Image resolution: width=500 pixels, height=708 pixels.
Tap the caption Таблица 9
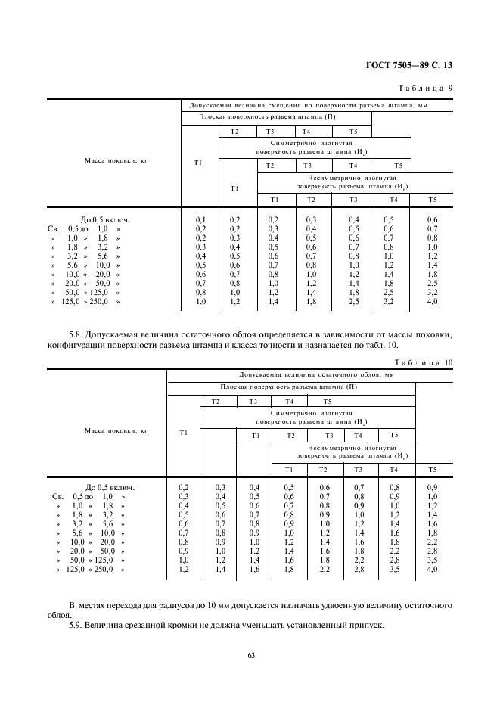[x=424, y=88]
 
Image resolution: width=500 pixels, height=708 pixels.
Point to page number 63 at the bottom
[x=250, y=655]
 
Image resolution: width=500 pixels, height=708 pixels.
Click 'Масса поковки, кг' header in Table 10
[x=105, y=432]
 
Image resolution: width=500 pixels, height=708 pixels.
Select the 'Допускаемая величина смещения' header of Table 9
[x=309, y=105]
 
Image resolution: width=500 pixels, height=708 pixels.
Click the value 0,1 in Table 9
[x=200, y=220]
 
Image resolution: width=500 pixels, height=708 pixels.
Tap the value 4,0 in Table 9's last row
[x=433, y=302]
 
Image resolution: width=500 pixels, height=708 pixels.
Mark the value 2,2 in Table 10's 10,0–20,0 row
[x=433, y=542]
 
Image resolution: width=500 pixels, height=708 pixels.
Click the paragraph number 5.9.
[x=75, y=626]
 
